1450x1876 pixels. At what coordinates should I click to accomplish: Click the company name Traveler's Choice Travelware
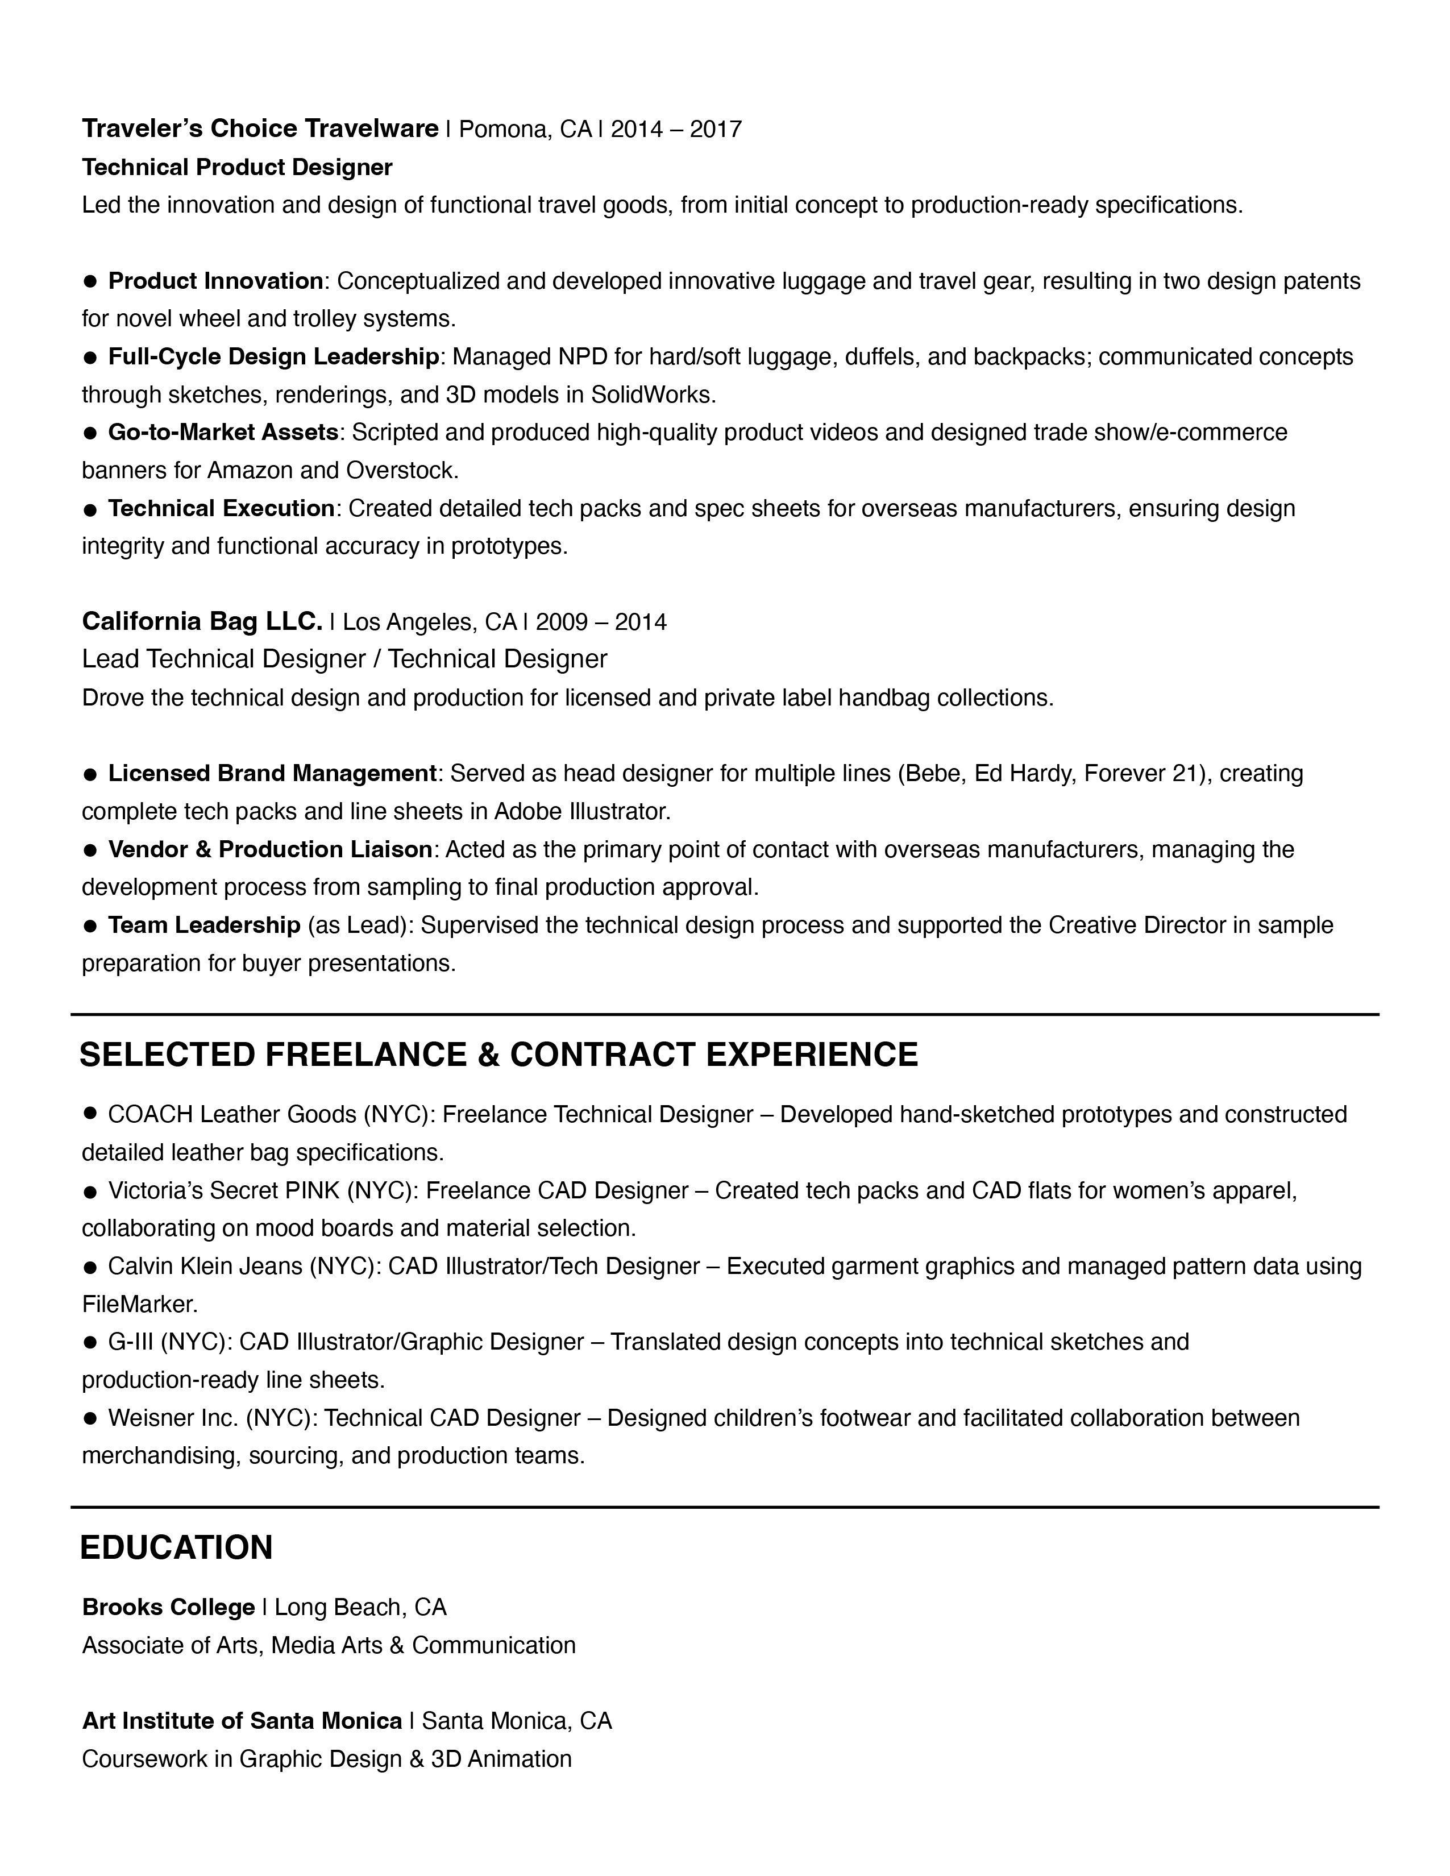260,129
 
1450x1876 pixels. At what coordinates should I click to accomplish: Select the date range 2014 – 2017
676,130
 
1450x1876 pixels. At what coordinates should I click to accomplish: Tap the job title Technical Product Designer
237,168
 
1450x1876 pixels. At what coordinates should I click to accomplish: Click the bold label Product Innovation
215,281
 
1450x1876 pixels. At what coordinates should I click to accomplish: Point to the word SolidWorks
653,395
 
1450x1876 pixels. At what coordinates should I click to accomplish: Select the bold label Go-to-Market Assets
223,432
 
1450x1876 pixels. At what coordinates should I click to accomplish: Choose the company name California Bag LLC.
202,621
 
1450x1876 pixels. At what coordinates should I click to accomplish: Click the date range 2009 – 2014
601,622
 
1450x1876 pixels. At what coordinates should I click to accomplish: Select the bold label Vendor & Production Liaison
270,849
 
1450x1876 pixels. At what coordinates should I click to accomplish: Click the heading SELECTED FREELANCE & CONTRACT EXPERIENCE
498,1055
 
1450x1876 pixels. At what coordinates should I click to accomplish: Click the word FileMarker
139,1305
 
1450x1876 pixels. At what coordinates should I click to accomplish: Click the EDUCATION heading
176,1548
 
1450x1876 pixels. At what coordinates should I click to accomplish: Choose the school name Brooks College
168,1607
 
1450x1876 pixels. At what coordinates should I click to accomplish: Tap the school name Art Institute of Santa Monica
242,1721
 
